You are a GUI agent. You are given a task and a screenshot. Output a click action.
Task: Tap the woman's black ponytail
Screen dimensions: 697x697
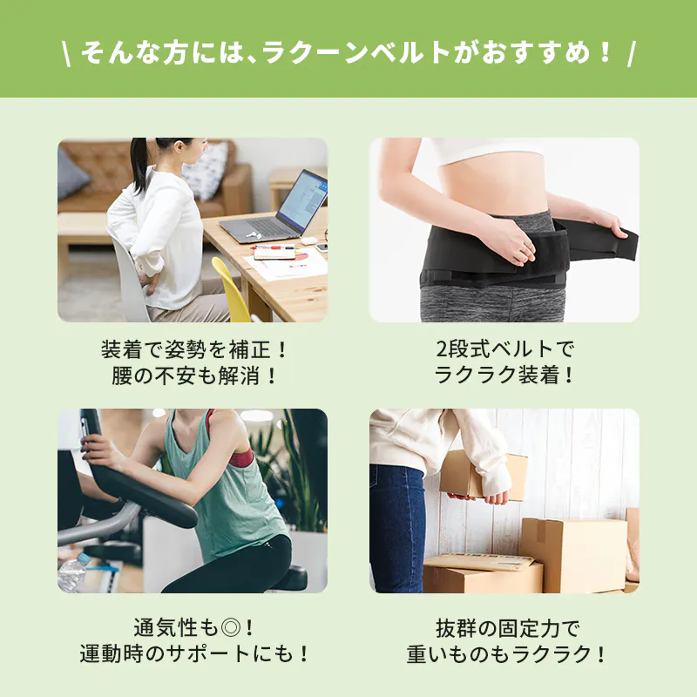[139, 164]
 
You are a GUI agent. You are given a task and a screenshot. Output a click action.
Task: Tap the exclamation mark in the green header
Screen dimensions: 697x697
[604, 52]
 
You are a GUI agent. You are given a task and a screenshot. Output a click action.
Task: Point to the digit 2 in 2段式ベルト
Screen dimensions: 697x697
[442, 348]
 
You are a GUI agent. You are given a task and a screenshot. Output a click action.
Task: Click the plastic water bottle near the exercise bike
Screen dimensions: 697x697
[72, 572]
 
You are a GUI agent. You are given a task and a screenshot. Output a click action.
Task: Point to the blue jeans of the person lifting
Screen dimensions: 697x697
[396, 528]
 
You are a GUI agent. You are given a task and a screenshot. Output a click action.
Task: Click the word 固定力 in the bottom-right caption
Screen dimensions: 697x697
[528, 628]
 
